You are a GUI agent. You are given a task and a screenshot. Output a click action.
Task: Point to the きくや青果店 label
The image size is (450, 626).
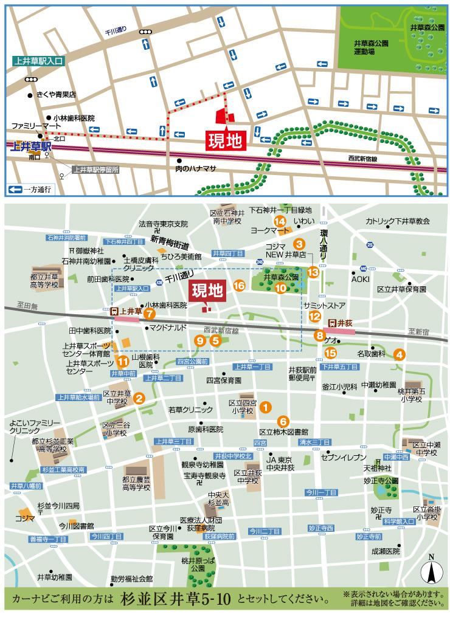click(x=56, y=95)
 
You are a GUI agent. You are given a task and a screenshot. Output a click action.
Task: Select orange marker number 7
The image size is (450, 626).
click(x=149, y=314)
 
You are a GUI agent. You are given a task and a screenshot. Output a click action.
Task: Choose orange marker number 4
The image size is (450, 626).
click(x=400, y=354)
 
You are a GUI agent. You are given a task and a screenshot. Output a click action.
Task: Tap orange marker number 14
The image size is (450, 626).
click(x=280, y=221)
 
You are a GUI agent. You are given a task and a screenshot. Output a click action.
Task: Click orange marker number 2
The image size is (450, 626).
click(x=139, y=399)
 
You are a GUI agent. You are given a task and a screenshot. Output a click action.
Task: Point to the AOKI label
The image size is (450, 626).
click(x=360, y=279)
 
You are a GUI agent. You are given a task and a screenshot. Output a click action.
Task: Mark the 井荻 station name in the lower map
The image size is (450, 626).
click(x=344, y=322)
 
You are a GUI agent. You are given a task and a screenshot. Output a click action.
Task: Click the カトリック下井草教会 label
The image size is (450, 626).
click(x=398, y=222)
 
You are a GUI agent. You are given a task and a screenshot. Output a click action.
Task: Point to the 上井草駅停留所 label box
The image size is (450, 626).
click(x=94, y=170)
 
